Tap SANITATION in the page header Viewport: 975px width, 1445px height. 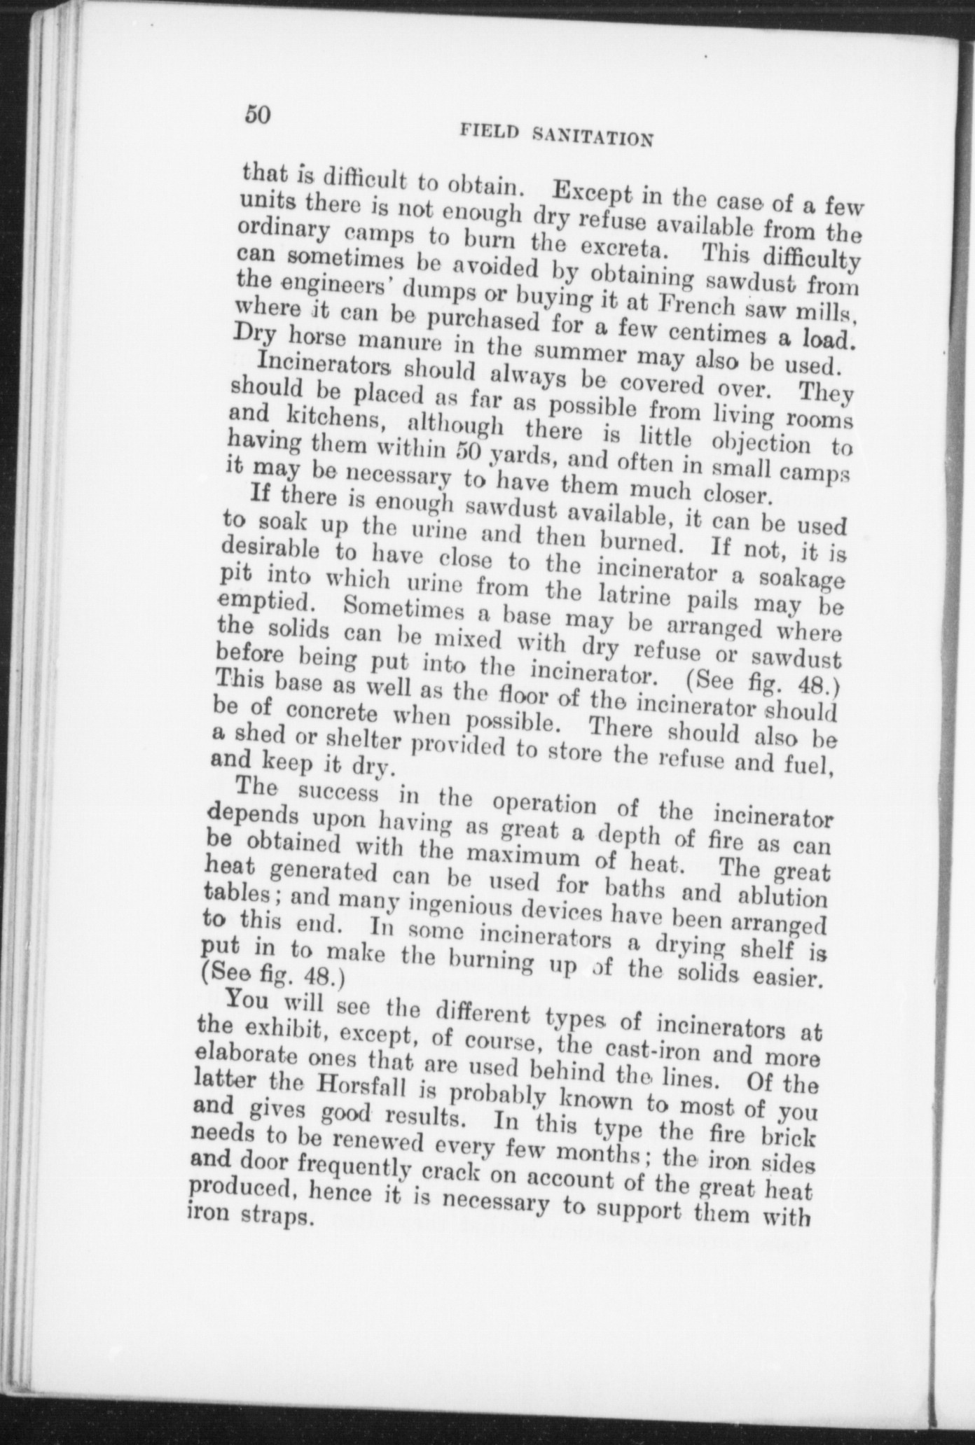(593, 134)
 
